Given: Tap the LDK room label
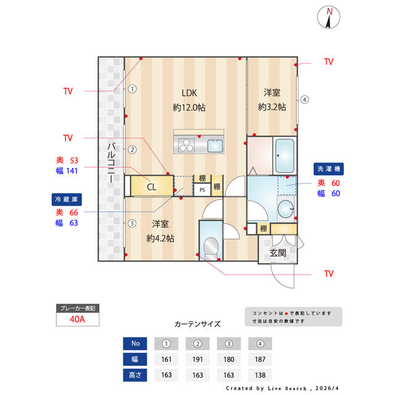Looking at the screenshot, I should pyautogui.click(x=188, y=93).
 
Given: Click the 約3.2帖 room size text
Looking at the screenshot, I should pyautogui.click(x=272, y=106).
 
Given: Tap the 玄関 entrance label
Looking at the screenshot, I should pyautogui.click(x=278, y=253).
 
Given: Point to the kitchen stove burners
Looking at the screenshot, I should pyautogui.click(x=186, y=146).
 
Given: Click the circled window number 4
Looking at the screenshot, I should pyautogui.click(x=305, y=99).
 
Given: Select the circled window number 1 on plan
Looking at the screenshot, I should pyautogui.click(x=132, y=88).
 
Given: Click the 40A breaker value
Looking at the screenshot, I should pyautogui.click(x=77, y=320).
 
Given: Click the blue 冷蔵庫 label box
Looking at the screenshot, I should pyautogui.click(x=66, y=200).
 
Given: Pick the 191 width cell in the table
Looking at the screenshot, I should pyautogui.click(x=198, y=359).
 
